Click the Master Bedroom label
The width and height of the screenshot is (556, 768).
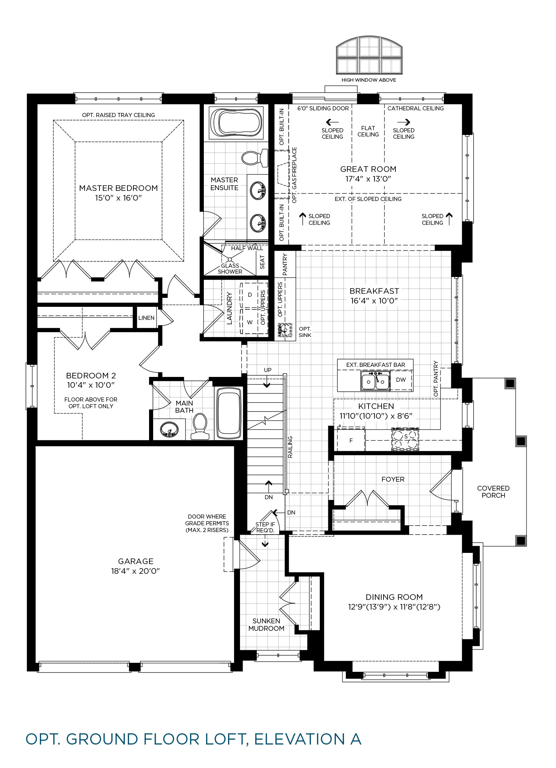coord(119,188)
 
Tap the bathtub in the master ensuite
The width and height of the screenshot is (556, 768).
coord(236,122)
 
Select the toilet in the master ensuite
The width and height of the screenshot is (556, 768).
coord(255,158)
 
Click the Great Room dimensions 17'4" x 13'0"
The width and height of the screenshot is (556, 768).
coord(368,179)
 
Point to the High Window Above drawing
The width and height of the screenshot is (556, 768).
coord(369,56)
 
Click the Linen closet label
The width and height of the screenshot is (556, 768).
coord(146,318)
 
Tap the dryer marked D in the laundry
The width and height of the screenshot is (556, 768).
coord(250,295)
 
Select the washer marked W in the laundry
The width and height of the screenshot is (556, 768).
coord(250,322)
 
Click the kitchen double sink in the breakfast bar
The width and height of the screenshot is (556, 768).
coord(375,381)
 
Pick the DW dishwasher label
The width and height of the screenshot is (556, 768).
coord(401,380)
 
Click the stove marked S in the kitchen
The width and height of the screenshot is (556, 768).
coord(405,439)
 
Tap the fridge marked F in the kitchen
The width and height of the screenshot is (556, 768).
coord(351,440)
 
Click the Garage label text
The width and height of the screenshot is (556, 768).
coord(136,561)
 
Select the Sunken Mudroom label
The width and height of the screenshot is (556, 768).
coord(266,624)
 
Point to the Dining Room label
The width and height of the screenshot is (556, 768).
coord(394,597)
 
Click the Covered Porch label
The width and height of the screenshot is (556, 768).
coord(493,492)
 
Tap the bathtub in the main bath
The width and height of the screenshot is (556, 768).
coord(228,413)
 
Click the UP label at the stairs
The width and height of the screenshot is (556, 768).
coord(268,370)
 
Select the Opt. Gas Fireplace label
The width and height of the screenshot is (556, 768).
coord(294,175)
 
